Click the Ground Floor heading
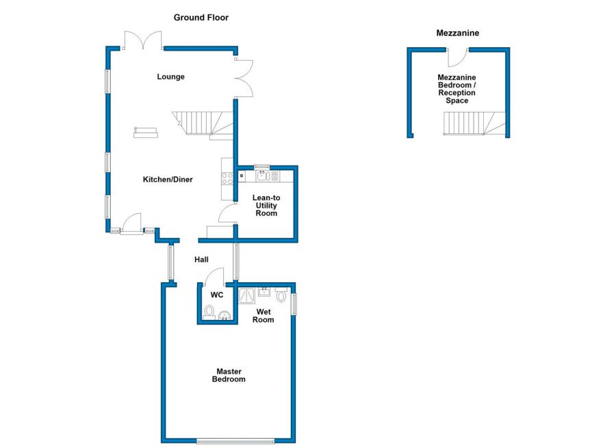tap(201, 17)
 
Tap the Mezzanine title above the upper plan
tap(457, 33)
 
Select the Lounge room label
tap(170, 77)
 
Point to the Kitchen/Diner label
tap(168, 179)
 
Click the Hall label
tap(201, 260)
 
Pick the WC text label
tap(216, 295)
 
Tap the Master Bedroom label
tap(229, 375)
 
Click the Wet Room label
tap(264, 316)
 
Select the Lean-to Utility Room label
tap(266, 205)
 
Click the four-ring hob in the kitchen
tap(227, 178)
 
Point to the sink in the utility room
tap(262, 176)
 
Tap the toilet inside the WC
tap(209, 312)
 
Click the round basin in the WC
tap(224, 316)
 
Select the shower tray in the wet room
tap(247, 296)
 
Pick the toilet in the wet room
tap(281, 294)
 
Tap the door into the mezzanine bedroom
tap(457, 57)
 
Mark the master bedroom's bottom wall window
tap(235, 441)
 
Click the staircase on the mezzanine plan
tap(474, 124)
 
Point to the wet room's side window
tap(294, 304)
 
